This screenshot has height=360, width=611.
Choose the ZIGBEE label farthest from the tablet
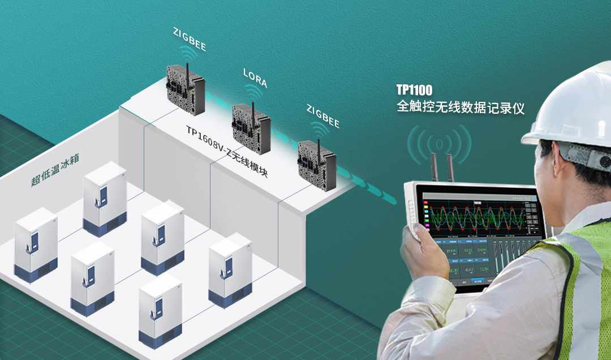190,40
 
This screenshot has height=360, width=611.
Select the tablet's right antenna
451,168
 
